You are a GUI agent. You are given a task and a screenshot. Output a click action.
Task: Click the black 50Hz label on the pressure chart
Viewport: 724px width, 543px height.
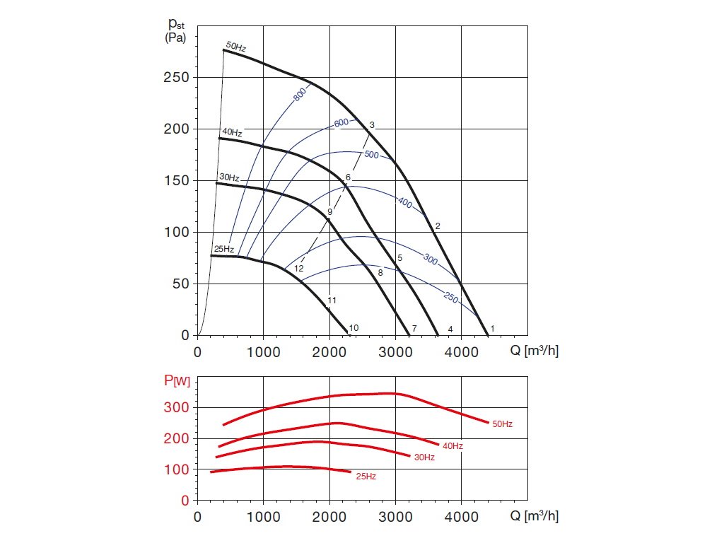point(236,47)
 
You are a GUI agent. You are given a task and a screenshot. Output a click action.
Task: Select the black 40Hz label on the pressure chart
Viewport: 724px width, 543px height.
point(232,132)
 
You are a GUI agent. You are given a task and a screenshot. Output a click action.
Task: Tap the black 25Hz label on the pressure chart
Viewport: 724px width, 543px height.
point(223,248)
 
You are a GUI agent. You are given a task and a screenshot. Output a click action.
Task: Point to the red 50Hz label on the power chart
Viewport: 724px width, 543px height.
point(502,424)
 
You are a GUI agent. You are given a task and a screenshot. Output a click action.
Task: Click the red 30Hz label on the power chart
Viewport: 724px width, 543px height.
point(424,457)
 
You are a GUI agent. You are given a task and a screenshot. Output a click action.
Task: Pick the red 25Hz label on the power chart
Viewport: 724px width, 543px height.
point(366,477)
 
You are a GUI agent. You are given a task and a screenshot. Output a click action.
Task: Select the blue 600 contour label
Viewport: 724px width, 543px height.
point(341,123)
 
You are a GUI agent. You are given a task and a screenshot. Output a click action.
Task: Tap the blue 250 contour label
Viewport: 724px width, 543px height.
point(452,298)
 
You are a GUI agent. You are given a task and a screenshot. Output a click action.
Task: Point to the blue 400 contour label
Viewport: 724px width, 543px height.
point(404,203)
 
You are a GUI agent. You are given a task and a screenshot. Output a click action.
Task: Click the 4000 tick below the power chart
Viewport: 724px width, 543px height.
point(461,516)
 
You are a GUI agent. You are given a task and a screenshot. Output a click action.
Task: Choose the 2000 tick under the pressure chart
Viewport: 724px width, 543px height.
point(329,351)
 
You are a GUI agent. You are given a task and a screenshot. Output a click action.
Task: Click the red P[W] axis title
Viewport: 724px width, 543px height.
point(177,383)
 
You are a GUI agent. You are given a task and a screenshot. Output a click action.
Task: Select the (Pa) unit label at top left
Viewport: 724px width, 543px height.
point(175,38)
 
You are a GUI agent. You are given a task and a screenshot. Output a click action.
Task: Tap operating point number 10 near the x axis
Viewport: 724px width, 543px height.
point(354,327)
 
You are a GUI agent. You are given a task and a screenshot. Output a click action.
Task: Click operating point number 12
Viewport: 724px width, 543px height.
point(298,269)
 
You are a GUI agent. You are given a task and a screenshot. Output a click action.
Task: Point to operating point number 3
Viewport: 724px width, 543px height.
point(372,125)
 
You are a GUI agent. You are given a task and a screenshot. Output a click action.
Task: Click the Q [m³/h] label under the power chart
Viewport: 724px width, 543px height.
point(535,516)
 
